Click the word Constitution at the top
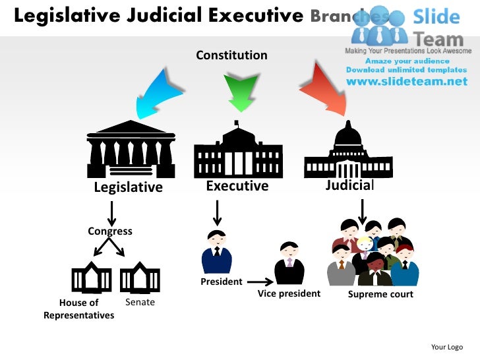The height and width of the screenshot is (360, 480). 231,55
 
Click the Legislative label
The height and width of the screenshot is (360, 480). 128,187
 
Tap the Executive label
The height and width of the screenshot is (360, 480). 237,186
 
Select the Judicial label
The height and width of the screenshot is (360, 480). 349,185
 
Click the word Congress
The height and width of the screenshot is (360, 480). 110,231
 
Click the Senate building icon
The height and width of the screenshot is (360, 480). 140,278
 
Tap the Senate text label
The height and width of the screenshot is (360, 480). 140,302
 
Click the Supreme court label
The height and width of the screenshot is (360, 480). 380,294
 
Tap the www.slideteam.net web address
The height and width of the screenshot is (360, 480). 407,82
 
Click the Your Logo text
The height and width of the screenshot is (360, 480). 446,347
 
